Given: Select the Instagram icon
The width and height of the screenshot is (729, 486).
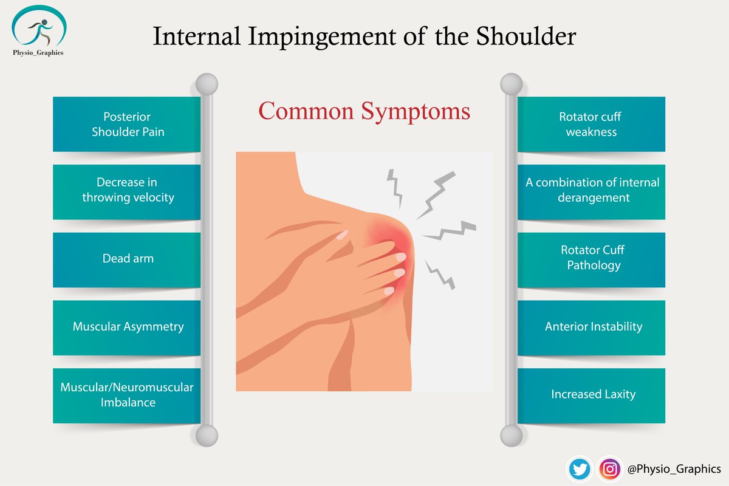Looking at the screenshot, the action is tap(609, 468).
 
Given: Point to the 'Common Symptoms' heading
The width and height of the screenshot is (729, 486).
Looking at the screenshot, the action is tap(364, 112).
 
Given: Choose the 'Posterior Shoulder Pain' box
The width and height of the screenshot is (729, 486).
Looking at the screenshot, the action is tap(128, 124).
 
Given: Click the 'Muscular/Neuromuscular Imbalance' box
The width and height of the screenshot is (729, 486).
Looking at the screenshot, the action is tap(128, 395).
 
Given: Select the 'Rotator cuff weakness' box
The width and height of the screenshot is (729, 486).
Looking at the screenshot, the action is tap(591, 124).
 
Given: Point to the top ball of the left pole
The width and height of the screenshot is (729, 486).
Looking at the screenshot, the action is tap(207, 83).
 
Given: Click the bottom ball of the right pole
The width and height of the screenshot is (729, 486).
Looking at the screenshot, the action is tap(511, 435).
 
